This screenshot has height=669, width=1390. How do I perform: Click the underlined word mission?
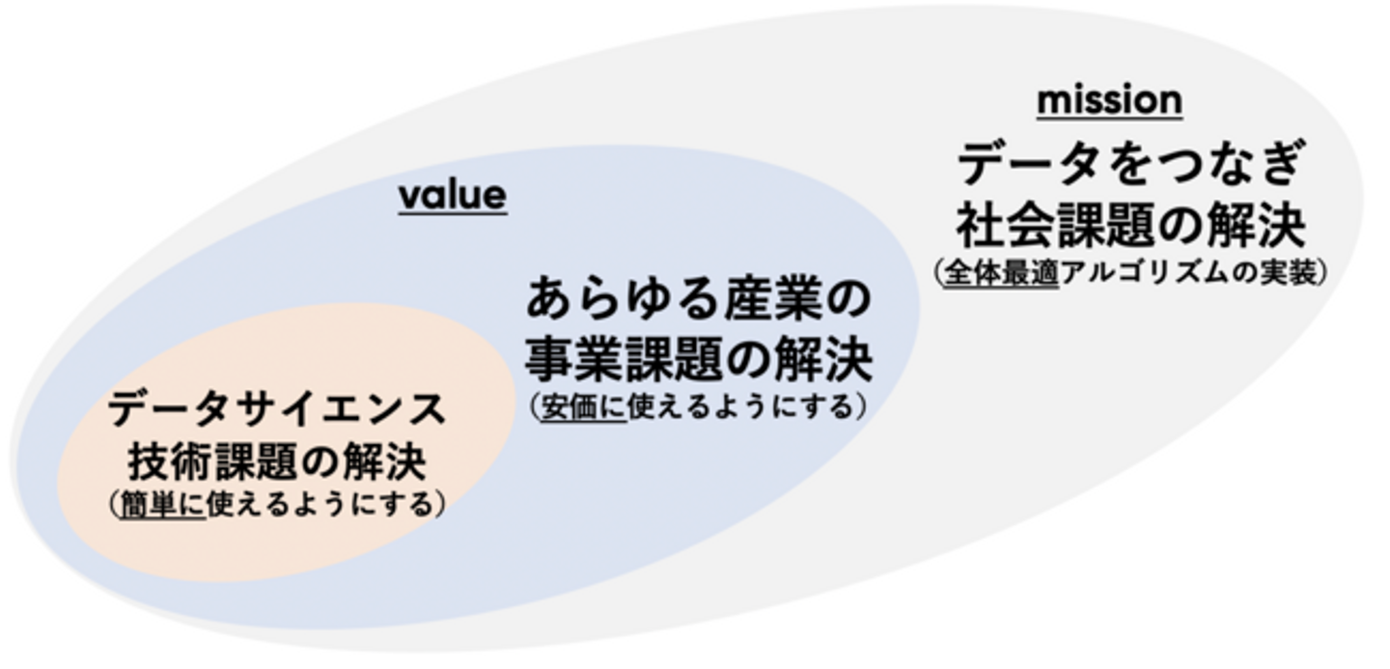point(1109,100)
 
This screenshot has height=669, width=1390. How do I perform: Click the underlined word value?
point(453,195)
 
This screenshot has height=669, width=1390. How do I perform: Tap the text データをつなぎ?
point(1129,163)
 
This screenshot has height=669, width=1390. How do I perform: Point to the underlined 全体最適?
point(1002,273)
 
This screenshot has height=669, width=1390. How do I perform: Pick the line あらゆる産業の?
point(699,299)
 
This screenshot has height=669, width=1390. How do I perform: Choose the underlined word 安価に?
point(585,407)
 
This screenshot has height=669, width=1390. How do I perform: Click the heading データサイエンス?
point(277,409)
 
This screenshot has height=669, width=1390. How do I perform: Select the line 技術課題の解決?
point(277,461)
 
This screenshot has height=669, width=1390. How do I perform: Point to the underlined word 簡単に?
point(162,504)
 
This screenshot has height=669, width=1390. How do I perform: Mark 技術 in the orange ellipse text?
point(170,461)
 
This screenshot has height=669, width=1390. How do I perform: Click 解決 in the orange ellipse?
point(385,461)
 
